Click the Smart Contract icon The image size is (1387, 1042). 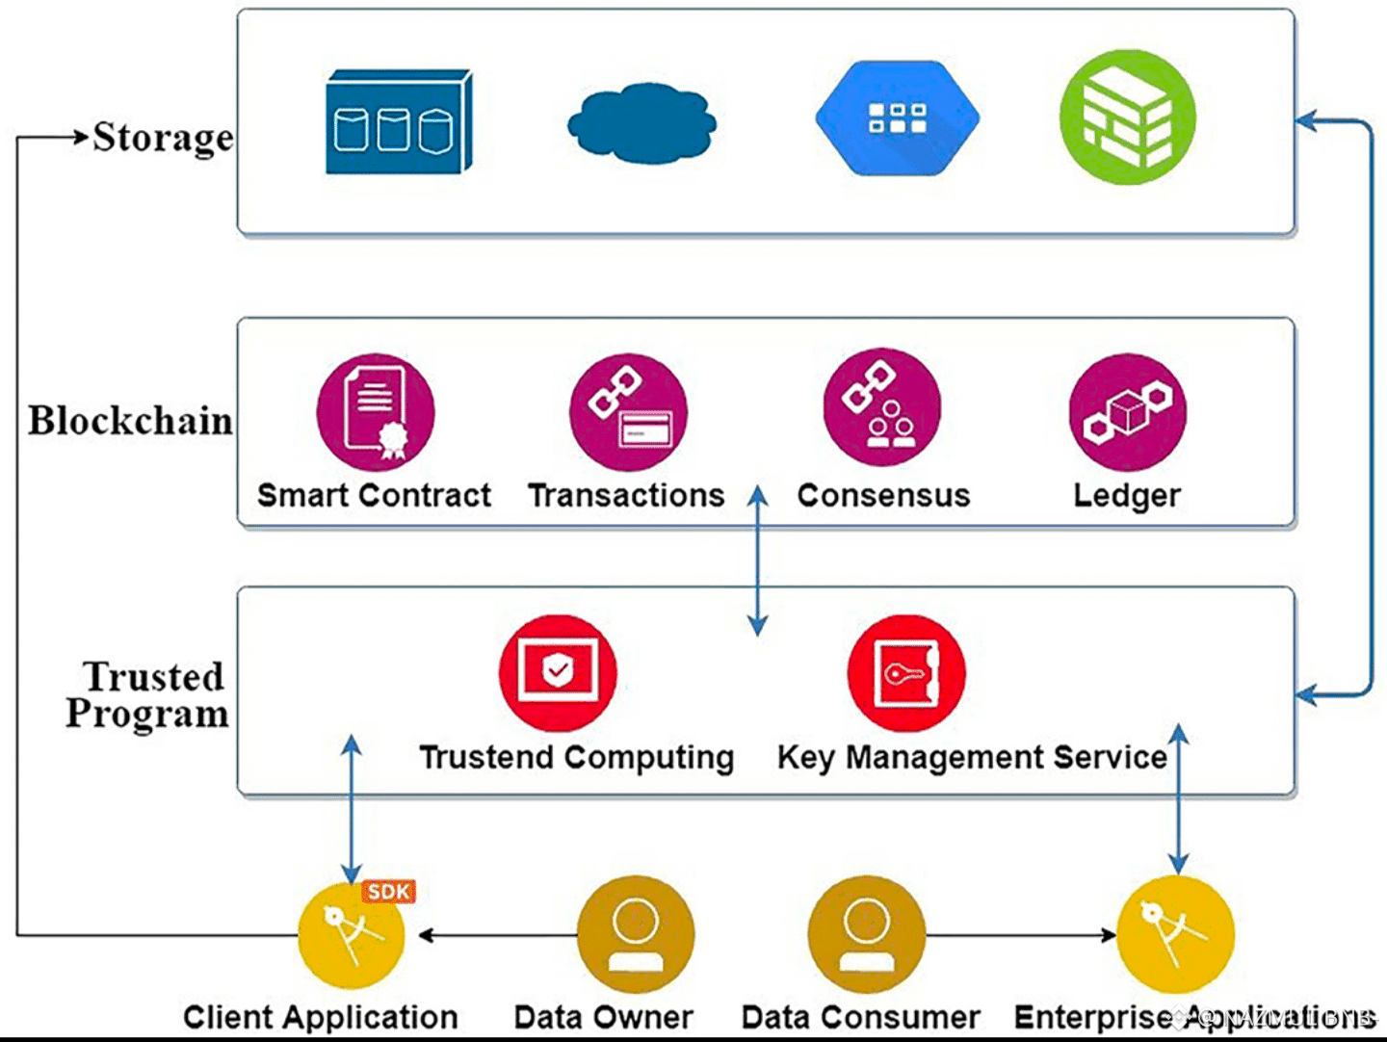click(x=376, y=412)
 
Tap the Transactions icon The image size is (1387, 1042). click(x=628, y=412)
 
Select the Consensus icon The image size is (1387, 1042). click(x=881, y=409)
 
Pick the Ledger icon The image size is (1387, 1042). click(x=1127, y=412)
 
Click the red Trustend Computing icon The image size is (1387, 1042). click(x=558, y=672)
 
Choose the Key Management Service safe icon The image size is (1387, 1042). click(x=905, y=672)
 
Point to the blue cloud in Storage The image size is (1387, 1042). click(x=641, y=122)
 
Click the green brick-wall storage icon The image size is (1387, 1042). click(x=1127, y=117)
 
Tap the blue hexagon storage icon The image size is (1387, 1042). click(x=897, y=117)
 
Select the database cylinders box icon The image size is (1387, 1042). click(x=398, y=122)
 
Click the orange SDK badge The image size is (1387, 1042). click(x=389, y=892)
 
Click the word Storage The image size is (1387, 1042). click(x=163, y=138)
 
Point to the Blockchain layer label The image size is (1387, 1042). click(x=130, y=421)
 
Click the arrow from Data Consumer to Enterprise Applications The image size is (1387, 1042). click(x=1021, y=934)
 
